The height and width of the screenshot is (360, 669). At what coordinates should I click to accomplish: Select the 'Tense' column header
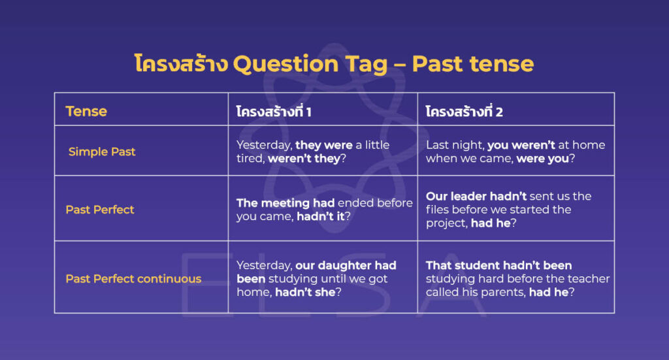(x=86, y=111)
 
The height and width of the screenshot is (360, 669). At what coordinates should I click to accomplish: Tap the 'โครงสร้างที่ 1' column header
(x=274, y=112)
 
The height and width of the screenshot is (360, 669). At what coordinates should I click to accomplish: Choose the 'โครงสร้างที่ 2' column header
(x=465, y=112)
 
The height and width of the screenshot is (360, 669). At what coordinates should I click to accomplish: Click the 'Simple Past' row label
(x=102, y=152)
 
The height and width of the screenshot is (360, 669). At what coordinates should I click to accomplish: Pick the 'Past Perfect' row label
(x=100, y=210)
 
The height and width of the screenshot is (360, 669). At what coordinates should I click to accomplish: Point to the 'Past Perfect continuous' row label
(x=133, y=279)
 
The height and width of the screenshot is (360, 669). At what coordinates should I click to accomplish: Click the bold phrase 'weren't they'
(x=304, y=159)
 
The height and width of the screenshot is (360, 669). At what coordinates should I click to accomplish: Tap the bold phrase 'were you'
(x=542, y=159)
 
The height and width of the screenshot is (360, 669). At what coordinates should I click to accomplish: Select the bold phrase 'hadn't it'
(x=320, y=217)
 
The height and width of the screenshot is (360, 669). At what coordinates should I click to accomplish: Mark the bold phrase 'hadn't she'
(x=304, y=293)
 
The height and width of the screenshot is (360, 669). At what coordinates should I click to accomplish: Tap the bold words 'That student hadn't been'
(x=498, y=265)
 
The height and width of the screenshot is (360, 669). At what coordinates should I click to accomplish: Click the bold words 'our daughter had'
(x=346, y=265)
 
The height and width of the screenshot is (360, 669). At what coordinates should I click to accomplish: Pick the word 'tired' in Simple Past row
(x=250, y=159)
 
